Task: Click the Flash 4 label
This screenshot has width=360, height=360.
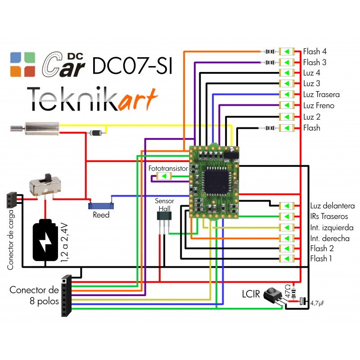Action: [315, 51]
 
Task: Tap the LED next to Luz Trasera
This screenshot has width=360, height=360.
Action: [287, 94]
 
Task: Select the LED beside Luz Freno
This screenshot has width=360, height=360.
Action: [287, 105]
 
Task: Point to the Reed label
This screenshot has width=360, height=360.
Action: [101, 215]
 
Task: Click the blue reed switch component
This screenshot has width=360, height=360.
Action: [101, 206]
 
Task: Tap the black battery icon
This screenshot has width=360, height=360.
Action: [45, 240]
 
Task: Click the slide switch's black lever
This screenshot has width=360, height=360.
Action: [48, 178]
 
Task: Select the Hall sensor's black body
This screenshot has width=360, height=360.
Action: [164, 216]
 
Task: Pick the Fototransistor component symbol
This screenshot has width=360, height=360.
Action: [164, 176]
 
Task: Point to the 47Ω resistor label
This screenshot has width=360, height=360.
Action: [288, 291]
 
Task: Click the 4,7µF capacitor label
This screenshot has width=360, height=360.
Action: [317, 303]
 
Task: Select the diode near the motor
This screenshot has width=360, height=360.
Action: [96, 133]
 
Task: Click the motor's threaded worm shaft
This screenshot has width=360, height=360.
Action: [18, 128]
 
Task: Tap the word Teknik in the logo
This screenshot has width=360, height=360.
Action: [73, 99]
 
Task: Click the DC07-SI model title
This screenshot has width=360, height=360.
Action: [132, 65]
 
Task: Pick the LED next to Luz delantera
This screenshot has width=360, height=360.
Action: [287, 206]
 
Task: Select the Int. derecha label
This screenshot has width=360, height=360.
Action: [330, 238]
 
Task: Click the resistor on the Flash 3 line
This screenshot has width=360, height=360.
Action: [270, 62]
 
